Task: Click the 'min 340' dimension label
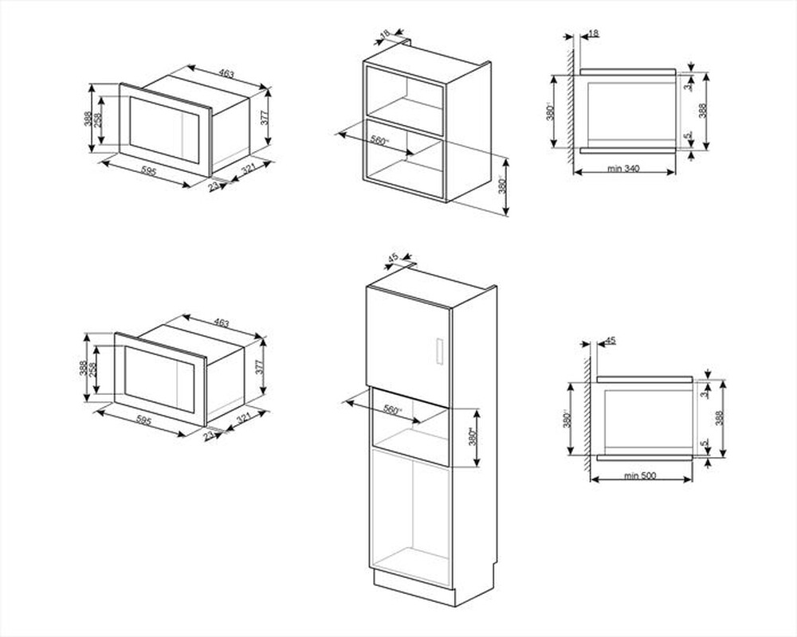(x=623, y=168)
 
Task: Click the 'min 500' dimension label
(x=639, y=476)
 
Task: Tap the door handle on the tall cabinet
(x=437, y=351)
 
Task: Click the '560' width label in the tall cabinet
(x=391, y=409)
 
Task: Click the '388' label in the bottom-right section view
(x=720, y=419)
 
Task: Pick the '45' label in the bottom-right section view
(x=611, y=341)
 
